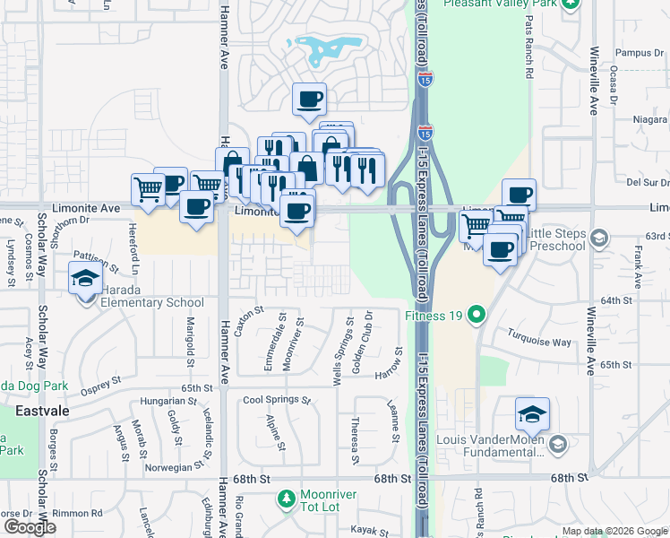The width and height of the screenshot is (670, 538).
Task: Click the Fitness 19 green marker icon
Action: [477, 315]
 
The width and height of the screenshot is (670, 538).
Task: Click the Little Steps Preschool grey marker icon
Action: [599, 238]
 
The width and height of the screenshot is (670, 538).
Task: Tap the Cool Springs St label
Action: [276, 400]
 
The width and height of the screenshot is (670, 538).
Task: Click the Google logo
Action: [29, 527]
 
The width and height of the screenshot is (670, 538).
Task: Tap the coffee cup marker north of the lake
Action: [310, 99]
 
